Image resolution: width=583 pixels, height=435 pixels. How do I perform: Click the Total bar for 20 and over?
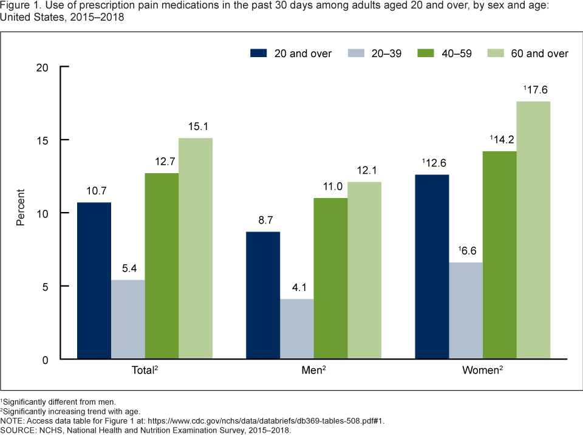point(94,281)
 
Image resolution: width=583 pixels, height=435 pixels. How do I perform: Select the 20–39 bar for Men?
point(297,329)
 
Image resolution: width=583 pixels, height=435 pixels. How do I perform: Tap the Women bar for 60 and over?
point(533,231)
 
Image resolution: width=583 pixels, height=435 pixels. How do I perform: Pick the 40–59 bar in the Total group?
point(162,266)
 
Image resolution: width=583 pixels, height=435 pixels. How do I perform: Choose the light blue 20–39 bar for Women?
point(466,311)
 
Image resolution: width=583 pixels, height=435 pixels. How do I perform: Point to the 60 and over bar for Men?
point(364,271)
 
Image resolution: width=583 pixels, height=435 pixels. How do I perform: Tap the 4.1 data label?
point(297,287)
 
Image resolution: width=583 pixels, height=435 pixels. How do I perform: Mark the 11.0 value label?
point(331,187)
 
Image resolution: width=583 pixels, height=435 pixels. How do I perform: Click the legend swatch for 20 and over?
point(259,53)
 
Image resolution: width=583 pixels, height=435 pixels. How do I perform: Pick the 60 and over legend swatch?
point(496,53)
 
